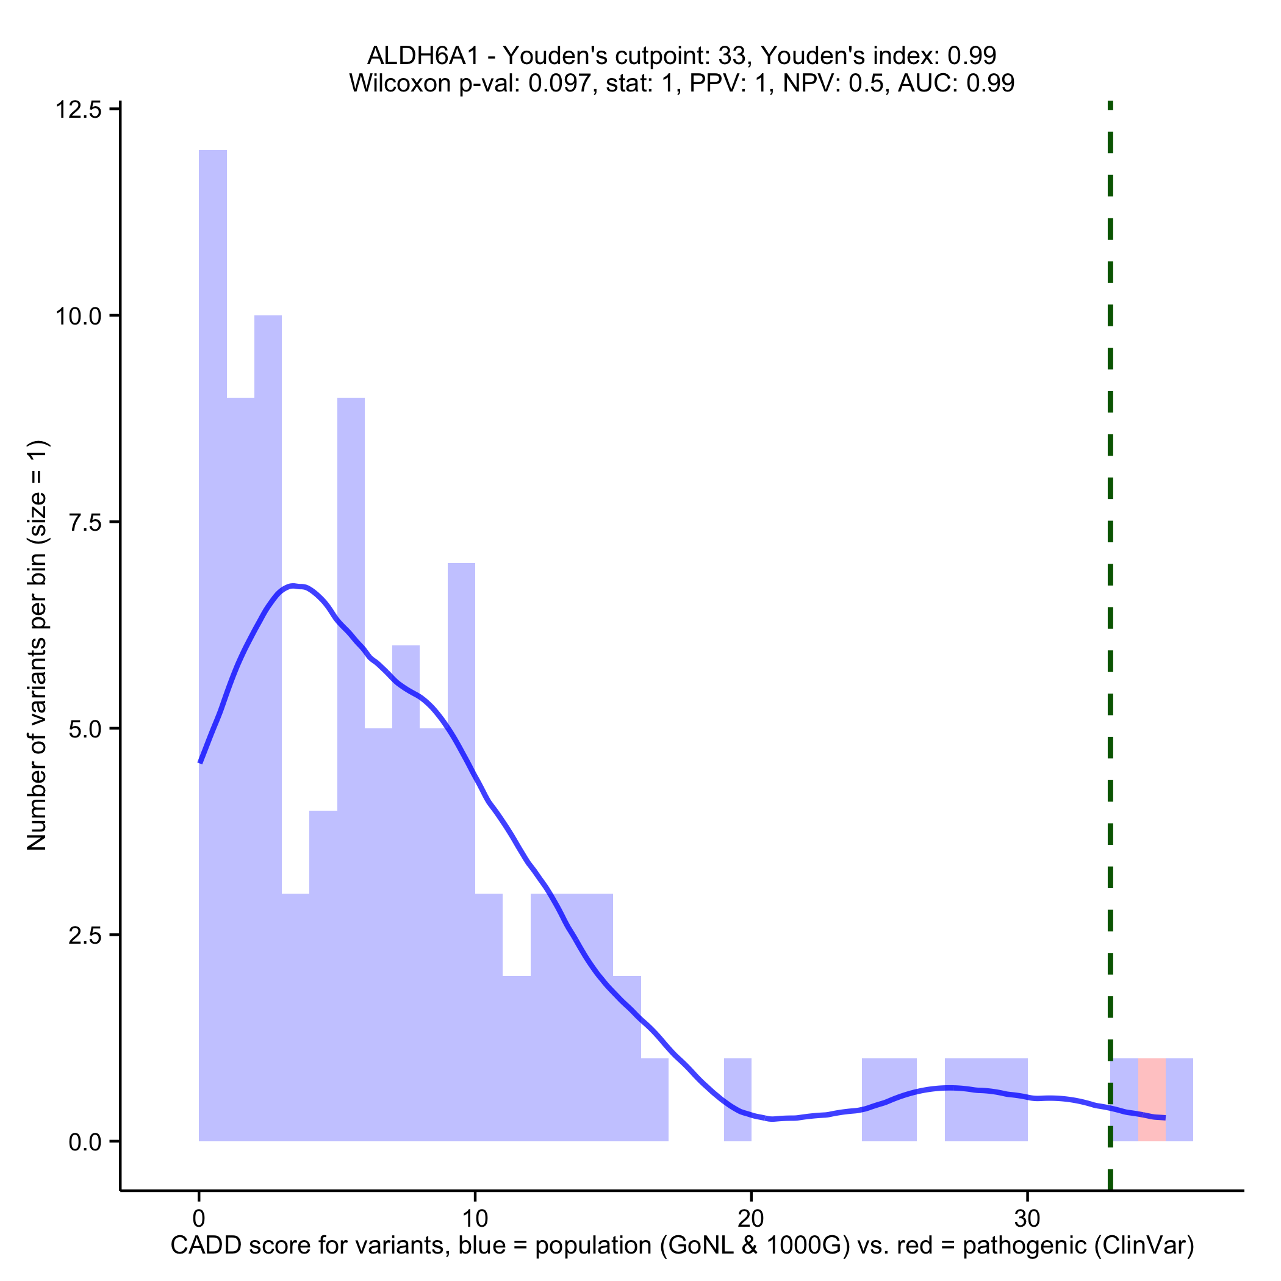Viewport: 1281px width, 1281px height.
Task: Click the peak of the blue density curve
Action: click(295, 586)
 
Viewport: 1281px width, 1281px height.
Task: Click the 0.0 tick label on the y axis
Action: click(85, 1141)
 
